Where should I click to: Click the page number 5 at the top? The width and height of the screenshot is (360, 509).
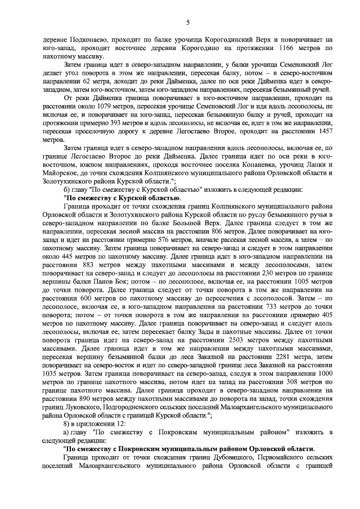click(x=188, y=22)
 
